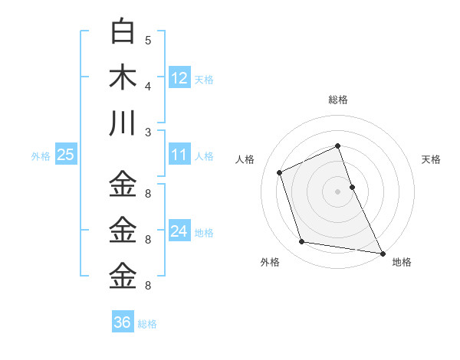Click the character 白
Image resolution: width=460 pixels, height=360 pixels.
tap(123, 32)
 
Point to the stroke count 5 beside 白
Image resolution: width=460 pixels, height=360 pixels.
tap(148, 41)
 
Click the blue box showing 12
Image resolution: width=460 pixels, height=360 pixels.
tap(179, 78)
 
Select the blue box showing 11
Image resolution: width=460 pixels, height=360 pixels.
tap(179, 155)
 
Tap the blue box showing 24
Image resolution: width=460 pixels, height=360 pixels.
tap(179, 231)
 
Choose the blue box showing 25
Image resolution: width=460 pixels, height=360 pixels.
tap(66, 155)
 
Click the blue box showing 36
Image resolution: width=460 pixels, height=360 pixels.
tap(123, 322)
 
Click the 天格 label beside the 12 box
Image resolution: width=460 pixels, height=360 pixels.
tap(204, 80)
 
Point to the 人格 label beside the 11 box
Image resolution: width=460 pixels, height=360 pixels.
tap(204, 156)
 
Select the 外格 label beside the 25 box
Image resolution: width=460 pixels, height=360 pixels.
tap(41, 156)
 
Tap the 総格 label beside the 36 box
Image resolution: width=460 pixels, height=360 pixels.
tap(147, 324)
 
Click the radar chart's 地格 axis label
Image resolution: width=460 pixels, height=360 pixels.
tap(402, 263)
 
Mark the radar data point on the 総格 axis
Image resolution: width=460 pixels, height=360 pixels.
tap(337, 146)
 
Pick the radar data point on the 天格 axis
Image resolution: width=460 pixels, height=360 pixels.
tap(353, 186)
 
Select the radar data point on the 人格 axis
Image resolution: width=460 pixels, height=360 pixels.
tap(280, 172)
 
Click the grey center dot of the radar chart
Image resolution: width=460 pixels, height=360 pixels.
tap(337, 191)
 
